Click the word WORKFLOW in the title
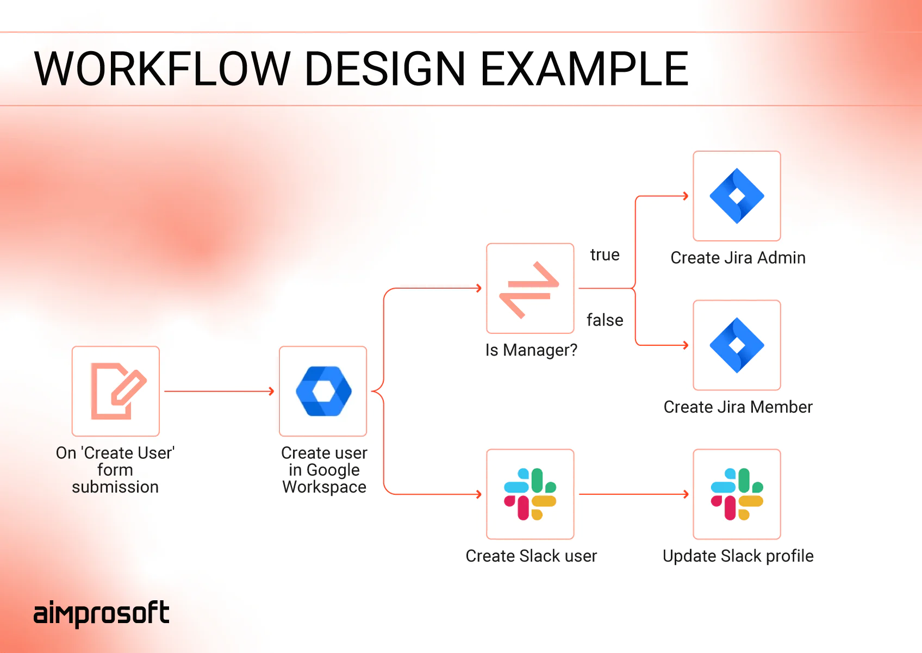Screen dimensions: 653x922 162,69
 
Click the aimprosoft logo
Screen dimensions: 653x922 101,613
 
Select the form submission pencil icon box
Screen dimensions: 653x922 116,391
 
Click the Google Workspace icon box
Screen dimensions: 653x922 323,391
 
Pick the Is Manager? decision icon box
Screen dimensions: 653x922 530,288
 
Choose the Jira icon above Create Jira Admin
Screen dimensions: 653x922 737,196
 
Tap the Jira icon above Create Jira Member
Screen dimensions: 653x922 737,345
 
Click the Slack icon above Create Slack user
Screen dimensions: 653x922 530,494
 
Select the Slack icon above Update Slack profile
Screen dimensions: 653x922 737,494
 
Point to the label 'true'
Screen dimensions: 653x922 605,255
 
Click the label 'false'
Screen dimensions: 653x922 605,320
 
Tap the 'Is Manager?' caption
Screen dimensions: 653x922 531,350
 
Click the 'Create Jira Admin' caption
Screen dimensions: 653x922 738,258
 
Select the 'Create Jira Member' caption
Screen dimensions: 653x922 738,407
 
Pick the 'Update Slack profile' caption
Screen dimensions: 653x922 738,556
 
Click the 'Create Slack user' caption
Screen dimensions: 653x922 531,556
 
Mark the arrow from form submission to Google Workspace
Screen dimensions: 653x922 219,391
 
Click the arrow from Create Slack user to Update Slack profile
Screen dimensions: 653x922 633,494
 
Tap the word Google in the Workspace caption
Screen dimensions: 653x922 333,470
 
